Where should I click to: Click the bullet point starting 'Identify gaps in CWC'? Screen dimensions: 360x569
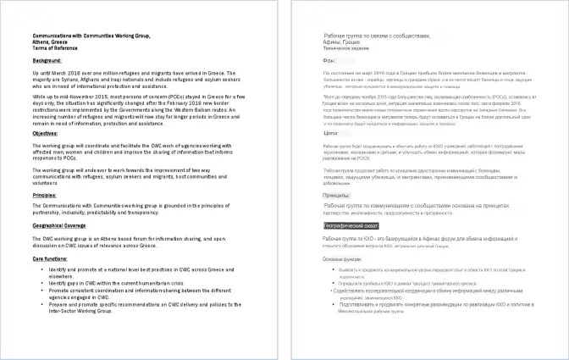tap(128, 280)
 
